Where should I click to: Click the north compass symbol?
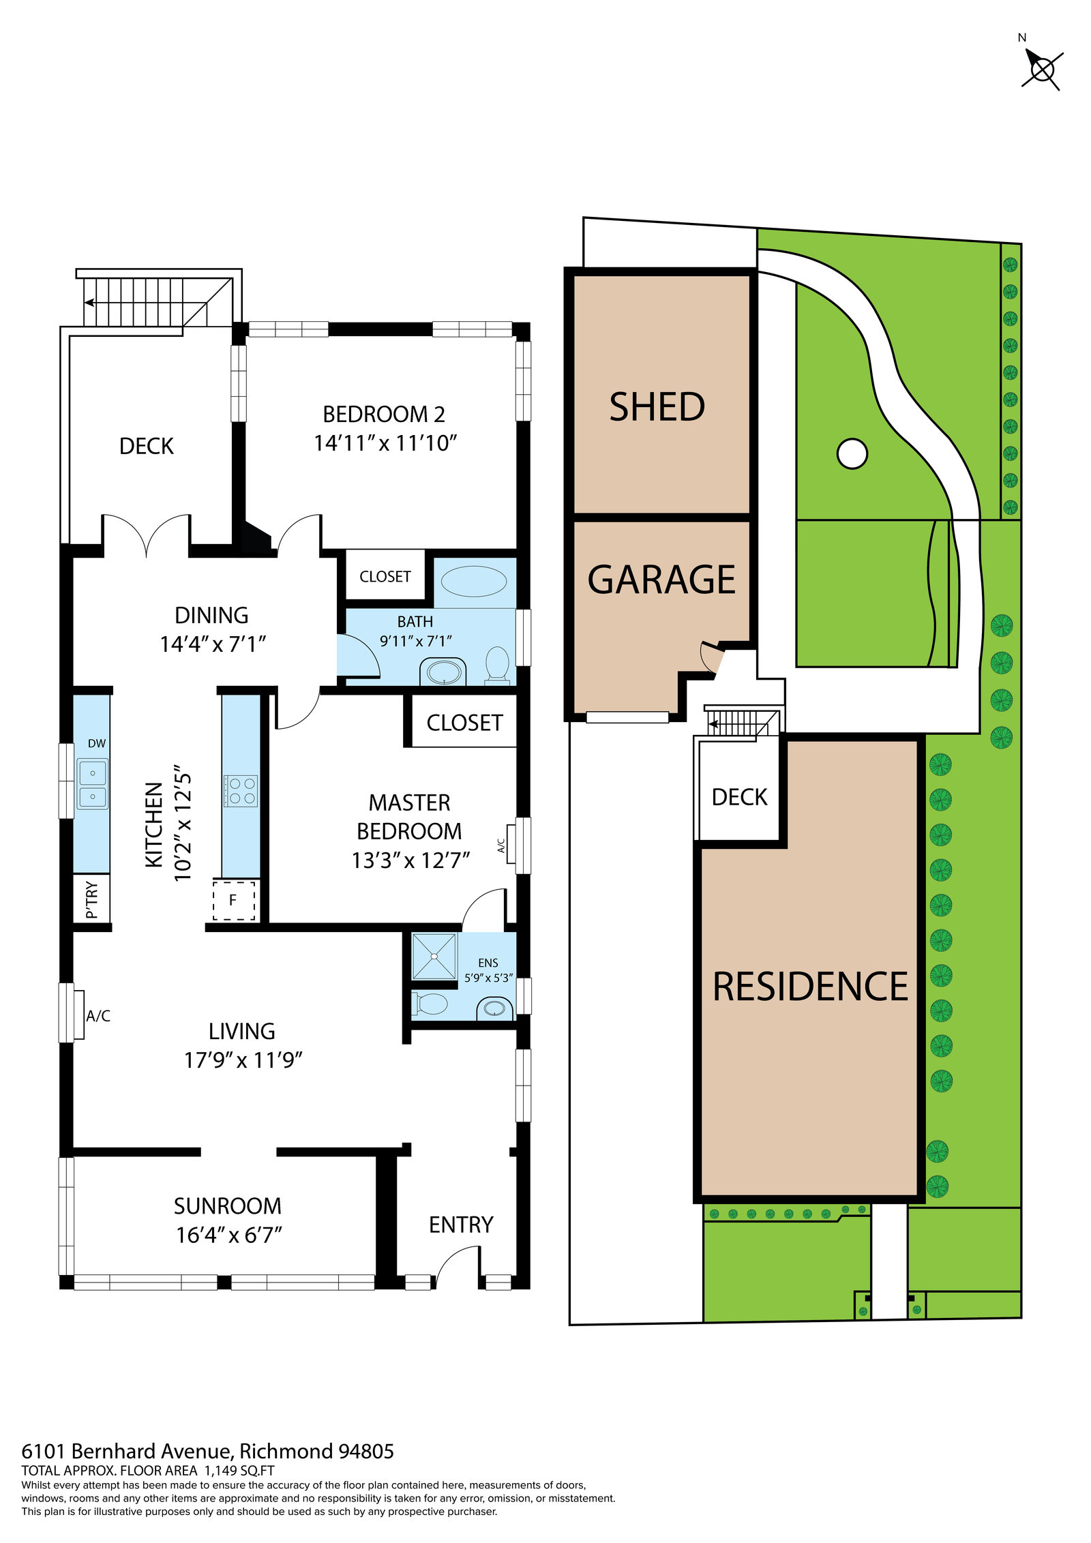tap(1041, 69)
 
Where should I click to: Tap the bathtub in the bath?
tap(473, 582)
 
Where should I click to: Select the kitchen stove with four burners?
tap(241, 791)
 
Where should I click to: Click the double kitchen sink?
tap(92, 784)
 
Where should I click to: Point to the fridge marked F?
tap(233, 900)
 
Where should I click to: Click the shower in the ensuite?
tap(434, 956)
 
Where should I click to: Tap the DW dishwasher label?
tap(97, 743)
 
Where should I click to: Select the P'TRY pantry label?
tap(92, 900)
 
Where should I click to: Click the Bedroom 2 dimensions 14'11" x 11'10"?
tap(385, 443)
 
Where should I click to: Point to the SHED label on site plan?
tap(657, 407)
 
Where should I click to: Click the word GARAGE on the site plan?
tap(661, 580)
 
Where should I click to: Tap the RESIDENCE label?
tap(810, 987)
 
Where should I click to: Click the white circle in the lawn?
tap(852, 453)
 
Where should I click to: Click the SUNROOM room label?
tap(227, 1206)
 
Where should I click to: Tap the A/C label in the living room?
tap(98, 1016)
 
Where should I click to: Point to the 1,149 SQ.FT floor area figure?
tap(239, 1471)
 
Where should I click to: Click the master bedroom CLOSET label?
tap(464, 723)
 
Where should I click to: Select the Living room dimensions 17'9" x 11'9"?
tap(243, 1060)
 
